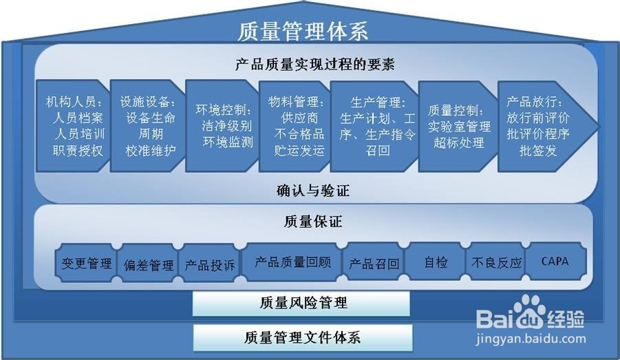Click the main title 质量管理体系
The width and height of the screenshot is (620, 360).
click(303, 31)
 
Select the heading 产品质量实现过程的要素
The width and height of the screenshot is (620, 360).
click(315, 64)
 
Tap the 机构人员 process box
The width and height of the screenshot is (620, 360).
click(73, 126)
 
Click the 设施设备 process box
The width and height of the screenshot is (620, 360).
click(148, 126)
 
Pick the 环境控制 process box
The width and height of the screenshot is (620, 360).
click(222, 126)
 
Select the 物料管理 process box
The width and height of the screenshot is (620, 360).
click(295, 126)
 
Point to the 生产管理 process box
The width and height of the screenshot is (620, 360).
click(374, 126)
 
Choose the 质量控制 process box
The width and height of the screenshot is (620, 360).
click(458, 126)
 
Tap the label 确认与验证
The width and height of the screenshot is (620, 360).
click(313, 191)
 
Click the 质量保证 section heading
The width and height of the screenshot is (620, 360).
click(313, 222)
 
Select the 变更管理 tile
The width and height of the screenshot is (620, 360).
click(86, 263)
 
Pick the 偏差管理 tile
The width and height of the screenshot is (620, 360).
click(148, 264)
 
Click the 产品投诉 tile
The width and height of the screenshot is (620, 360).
click(210, 264)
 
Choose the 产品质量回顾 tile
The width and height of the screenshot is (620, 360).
click(292, 262)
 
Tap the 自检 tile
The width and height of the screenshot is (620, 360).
click(436, 262)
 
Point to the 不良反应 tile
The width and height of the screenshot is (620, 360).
click(496, 262)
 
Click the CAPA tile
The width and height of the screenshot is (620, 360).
click(555, 262)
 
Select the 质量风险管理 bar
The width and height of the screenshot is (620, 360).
click(301, 304)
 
